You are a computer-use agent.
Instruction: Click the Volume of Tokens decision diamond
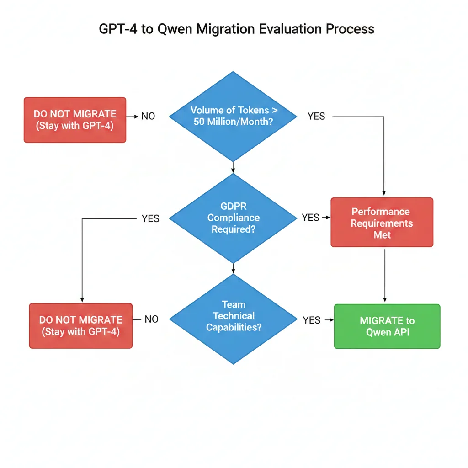pos(233,117)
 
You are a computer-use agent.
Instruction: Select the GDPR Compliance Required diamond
pos(233,218)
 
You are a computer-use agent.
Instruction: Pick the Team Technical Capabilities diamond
pos(233,319)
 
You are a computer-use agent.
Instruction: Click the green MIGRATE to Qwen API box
pos(387,326)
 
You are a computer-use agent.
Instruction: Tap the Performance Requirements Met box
pos(382,223)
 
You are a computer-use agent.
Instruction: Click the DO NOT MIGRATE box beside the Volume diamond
pos(75,120)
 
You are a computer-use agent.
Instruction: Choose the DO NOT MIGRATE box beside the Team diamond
pos(81,326)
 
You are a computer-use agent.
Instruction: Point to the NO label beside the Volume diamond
pos(148,117)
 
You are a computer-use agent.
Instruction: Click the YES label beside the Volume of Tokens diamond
pos(316,117)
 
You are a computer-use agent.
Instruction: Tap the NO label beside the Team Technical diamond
pos(151,319)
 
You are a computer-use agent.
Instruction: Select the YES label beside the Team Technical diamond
pos(311,320)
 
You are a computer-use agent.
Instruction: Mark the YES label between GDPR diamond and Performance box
pos(310,218)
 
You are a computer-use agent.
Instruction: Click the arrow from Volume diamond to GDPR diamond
pos(233,167)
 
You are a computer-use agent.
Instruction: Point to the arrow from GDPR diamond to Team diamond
pos(233,268)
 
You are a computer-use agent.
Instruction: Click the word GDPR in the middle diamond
pos(233,207)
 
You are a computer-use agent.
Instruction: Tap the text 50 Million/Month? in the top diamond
pos(233,122)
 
